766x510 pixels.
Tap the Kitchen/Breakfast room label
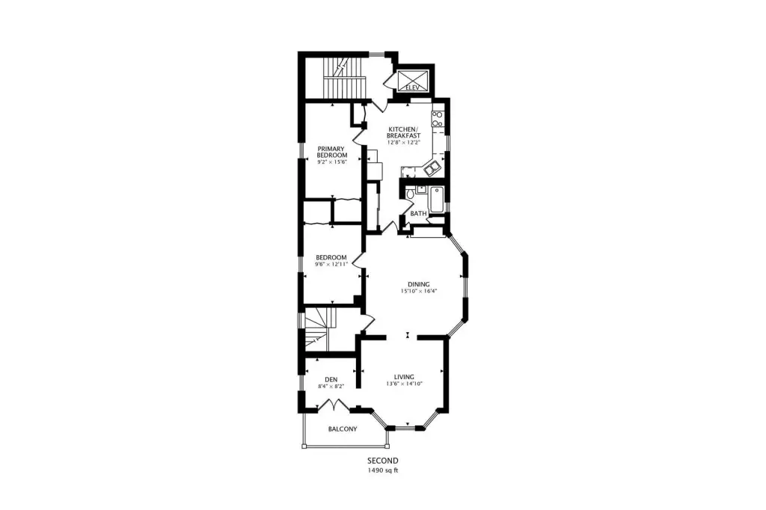403,132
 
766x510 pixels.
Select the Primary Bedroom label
331,152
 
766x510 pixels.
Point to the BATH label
418,213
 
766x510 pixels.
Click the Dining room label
419,284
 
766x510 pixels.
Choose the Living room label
404,377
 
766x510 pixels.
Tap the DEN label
331,380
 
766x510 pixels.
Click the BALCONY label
342,429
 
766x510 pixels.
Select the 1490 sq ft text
383,471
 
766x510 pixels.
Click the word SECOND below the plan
383,461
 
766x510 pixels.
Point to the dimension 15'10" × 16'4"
419,291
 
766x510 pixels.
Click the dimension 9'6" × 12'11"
331,264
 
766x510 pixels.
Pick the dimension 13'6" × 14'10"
404,384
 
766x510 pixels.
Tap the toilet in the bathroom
411,194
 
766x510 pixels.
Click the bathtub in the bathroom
436,200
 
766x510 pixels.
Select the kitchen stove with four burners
437,119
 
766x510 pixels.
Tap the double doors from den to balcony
333,405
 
